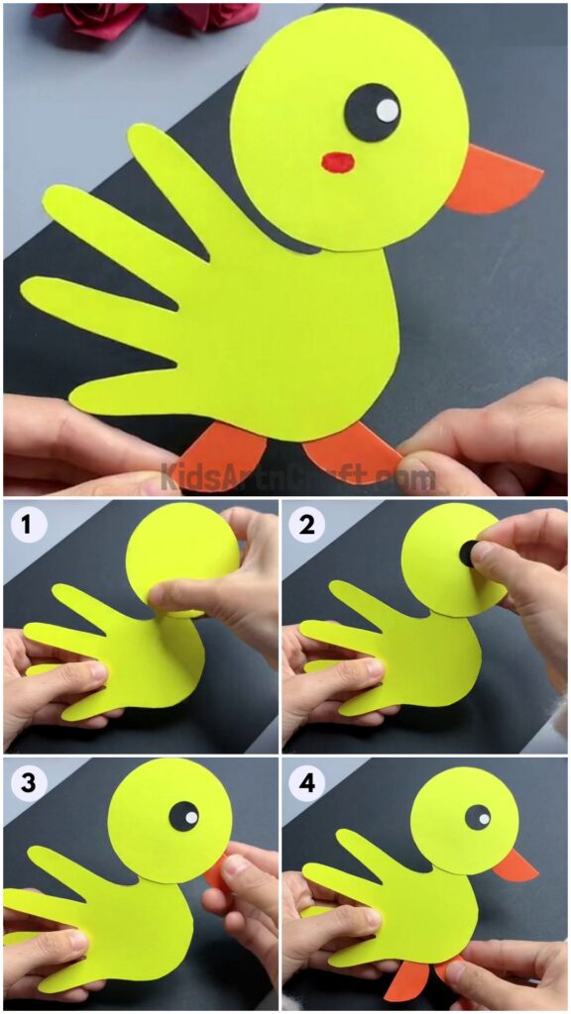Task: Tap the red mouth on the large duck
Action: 338,159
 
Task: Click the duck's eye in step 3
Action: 183,817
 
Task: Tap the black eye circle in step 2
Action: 468,554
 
